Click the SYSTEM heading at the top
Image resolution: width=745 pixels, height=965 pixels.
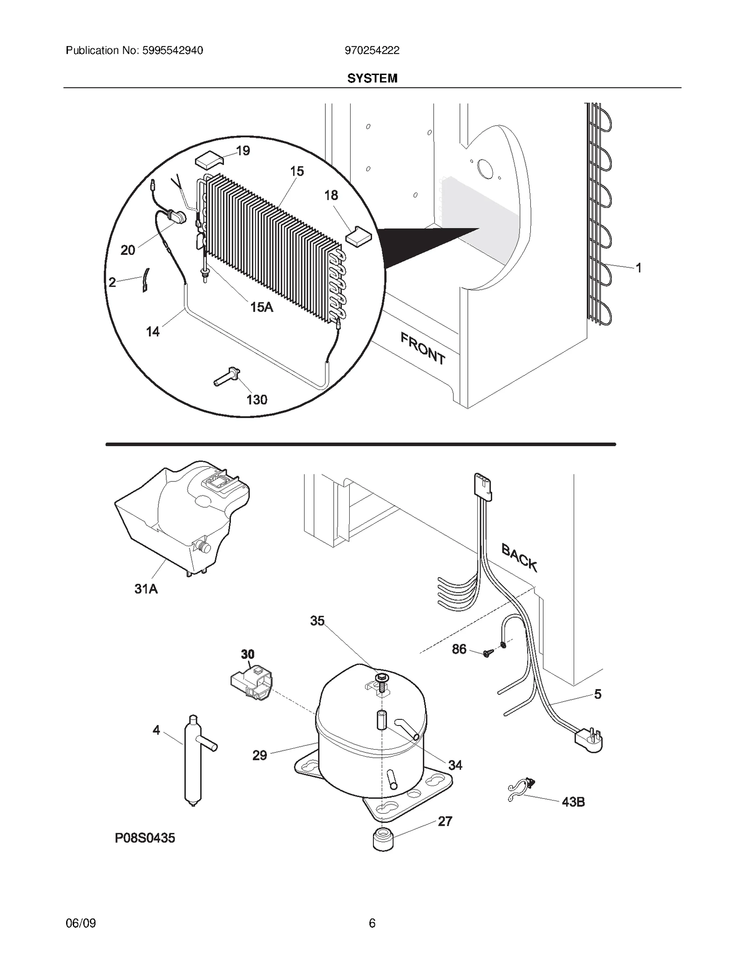click(x=372, y=78)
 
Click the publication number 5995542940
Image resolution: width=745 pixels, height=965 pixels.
click(x=171, y=50)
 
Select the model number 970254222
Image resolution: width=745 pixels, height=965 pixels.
click(x=372, y=50)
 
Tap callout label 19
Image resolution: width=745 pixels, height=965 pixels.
click(x=243, y=151)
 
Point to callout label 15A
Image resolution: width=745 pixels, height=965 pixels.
click(x=261, y=307)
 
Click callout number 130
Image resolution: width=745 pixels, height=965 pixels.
click(x=257, y=399)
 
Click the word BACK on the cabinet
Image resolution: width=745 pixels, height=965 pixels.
click(x=519, y=558)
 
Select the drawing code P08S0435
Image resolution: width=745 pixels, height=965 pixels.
click(x=145, y=838)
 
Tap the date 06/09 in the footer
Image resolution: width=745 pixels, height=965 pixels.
click(x=81, y=923)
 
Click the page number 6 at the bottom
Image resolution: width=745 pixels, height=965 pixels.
click(x=372, y=923)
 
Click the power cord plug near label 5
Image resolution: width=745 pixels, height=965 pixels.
click(x=589, y=740)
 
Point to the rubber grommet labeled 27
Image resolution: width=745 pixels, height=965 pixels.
click(x=383, y=839)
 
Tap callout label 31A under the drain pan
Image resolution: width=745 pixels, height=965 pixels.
click(x=146, y=589)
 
